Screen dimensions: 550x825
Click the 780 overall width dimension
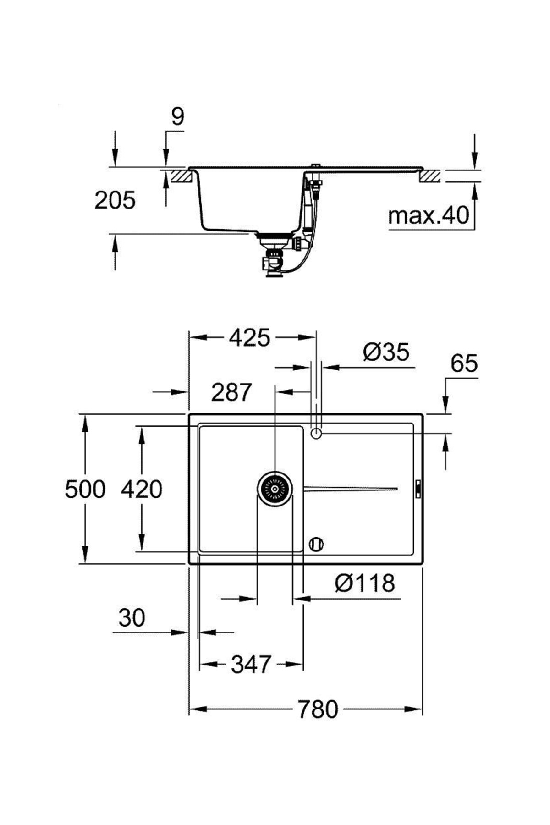318,709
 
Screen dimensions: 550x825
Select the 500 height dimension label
85,489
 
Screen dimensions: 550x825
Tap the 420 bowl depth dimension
142,489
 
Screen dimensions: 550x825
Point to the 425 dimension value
250,338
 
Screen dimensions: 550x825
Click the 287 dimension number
231,392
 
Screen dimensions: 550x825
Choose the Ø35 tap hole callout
386,352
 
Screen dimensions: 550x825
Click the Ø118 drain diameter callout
365,583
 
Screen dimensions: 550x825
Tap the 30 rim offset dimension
132,617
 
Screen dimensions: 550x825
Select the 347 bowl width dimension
251,664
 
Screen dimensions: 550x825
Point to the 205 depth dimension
115,200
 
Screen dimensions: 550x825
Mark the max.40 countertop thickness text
429,215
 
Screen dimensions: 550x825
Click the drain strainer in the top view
275,489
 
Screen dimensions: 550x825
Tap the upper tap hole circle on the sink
316,433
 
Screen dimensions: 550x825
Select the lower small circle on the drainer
316,544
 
